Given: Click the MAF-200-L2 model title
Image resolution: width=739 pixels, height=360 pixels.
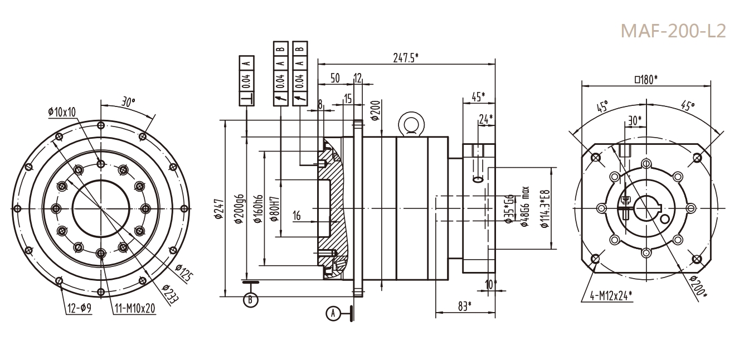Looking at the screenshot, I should point(673,31).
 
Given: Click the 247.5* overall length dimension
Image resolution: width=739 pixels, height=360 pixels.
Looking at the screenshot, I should point(406,58).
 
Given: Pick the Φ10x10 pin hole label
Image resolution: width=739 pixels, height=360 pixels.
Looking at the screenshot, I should point(62,112).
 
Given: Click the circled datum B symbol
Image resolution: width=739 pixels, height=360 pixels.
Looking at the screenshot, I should point(251,300).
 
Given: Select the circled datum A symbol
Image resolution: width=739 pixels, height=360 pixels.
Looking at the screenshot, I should point(333,313).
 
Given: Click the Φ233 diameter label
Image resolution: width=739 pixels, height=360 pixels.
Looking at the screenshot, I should point(170,293).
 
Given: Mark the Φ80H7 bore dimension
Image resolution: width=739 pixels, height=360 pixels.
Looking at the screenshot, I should point(275,209).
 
